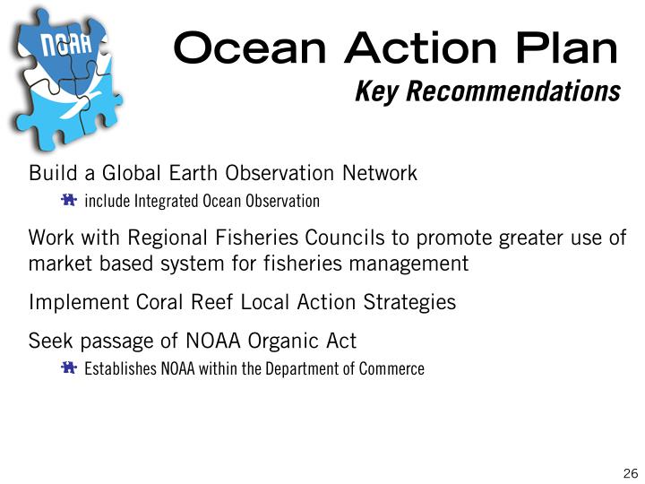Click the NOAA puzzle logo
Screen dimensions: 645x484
coord(65,78)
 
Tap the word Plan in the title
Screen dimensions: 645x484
coord(567,48)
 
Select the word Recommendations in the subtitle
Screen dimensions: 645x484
coord(513,91)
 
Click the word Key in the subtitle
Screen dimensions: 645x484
coord(376,92)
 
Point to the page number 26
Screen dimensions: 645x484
coord(631,473)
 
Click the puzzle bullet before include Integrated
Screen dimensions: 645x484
coord(69,200)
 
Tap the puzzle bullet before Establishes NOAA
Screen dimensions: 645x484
coord(69,367)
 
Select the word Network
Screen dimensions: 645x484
coord(380,172)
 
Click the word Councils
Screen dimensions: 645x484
coord(344,238)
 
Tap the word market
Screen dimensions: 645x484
coord(60,264)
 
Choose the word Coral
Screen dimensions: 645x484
coord(159,302)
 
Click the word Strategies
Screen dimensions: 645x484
coord(409,303)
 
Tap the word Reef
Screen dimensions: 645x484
coord(211,302)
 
